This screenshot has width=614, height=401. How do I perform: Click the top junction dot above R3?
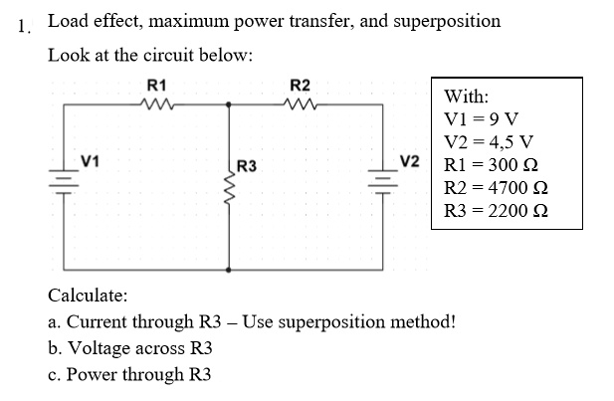231,102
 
